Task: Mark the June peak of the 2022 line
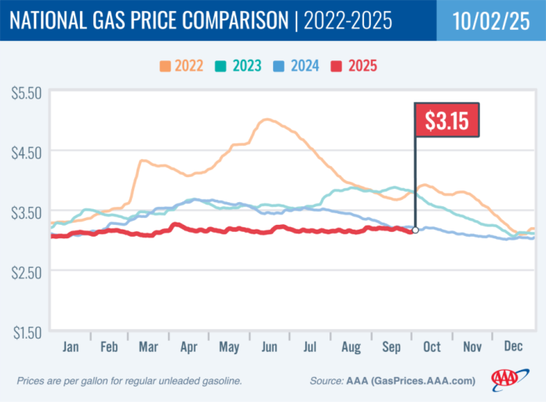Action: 267,119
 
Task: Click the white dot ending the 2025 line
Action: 415,230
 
